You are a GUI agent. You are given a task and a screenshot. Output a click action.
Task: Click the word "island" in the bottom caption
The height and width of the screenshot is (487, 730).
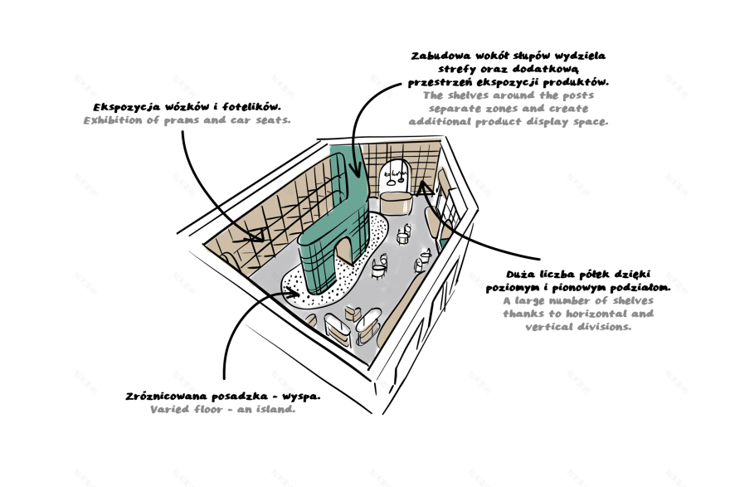point(273,410)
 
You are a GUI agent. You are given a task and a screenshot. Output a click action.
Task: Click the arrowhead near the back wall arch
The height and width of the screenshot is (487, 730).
point(426,189)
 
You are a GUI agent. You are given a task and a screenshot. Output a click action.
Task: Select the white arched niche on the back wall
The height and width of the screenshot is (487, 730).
point(397,176)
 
